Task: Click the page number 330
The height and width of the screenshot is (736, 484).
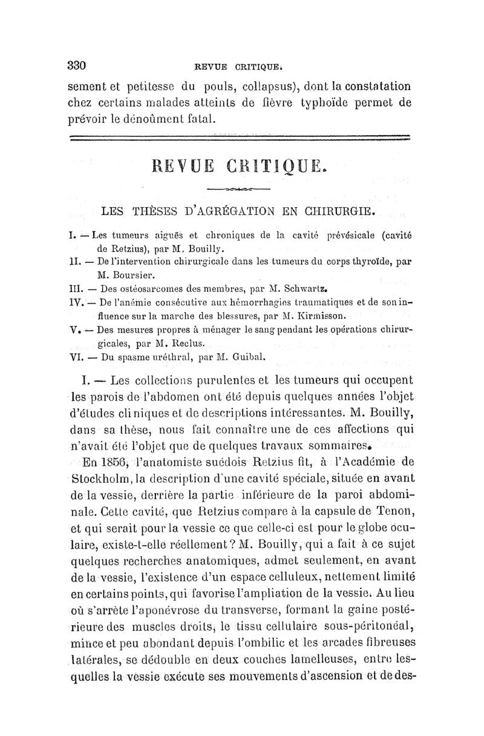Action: [78, 65]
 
